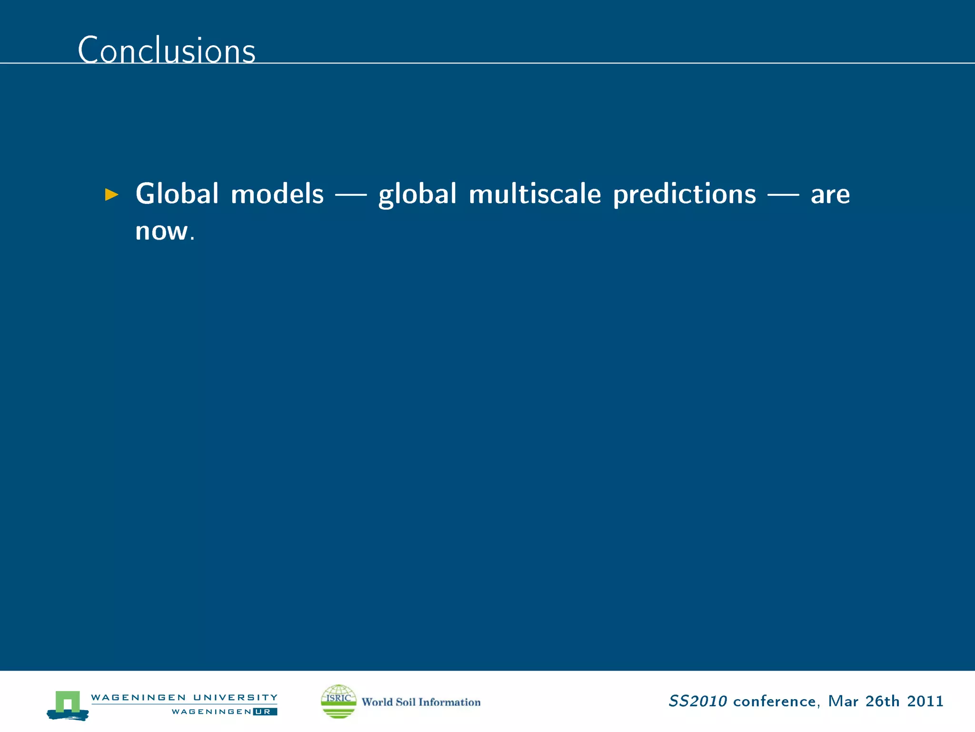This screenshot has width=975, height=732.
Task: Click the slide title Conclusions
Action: click(x=167, y=50)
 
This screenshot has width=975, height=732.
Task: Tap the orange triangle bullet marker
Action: click(x=111, y=194)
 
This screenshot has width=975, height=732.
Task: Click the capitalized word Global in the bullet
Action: click(x=177, y=194)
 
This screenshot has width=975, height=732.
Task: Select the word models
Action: click(x=277, y=194)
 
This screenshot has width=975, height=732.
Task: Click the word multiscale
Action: click(x=535, y=194)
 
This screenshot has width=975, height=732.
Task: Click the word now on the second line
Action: click(x=162, y=232)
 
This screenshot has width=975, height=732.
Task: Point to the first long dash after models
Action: click(x=351, y=194)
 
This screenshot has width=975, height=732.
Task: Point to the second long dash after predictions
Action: click(x=783, y=194)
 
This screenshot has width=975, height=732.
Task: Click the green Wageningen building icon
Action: click(x=68, y=703)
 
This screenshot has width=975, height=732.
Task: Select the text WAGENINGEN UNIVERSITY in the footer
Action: click(x=184, y=697)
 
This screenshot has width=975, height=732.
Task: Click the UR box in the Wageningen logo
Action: click(x=265, y=712)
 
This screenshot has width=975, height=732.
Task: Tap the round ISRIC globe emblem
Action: click(x=338, y=701)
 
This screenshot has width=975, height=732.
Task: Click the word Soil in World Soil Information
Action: click(x=406, y=702)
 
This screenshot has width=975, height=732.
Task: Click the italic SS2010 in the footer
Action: click(x=697, y=701)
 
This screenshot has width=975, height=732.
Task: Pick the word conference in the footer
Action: click(x=775, y=701)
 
